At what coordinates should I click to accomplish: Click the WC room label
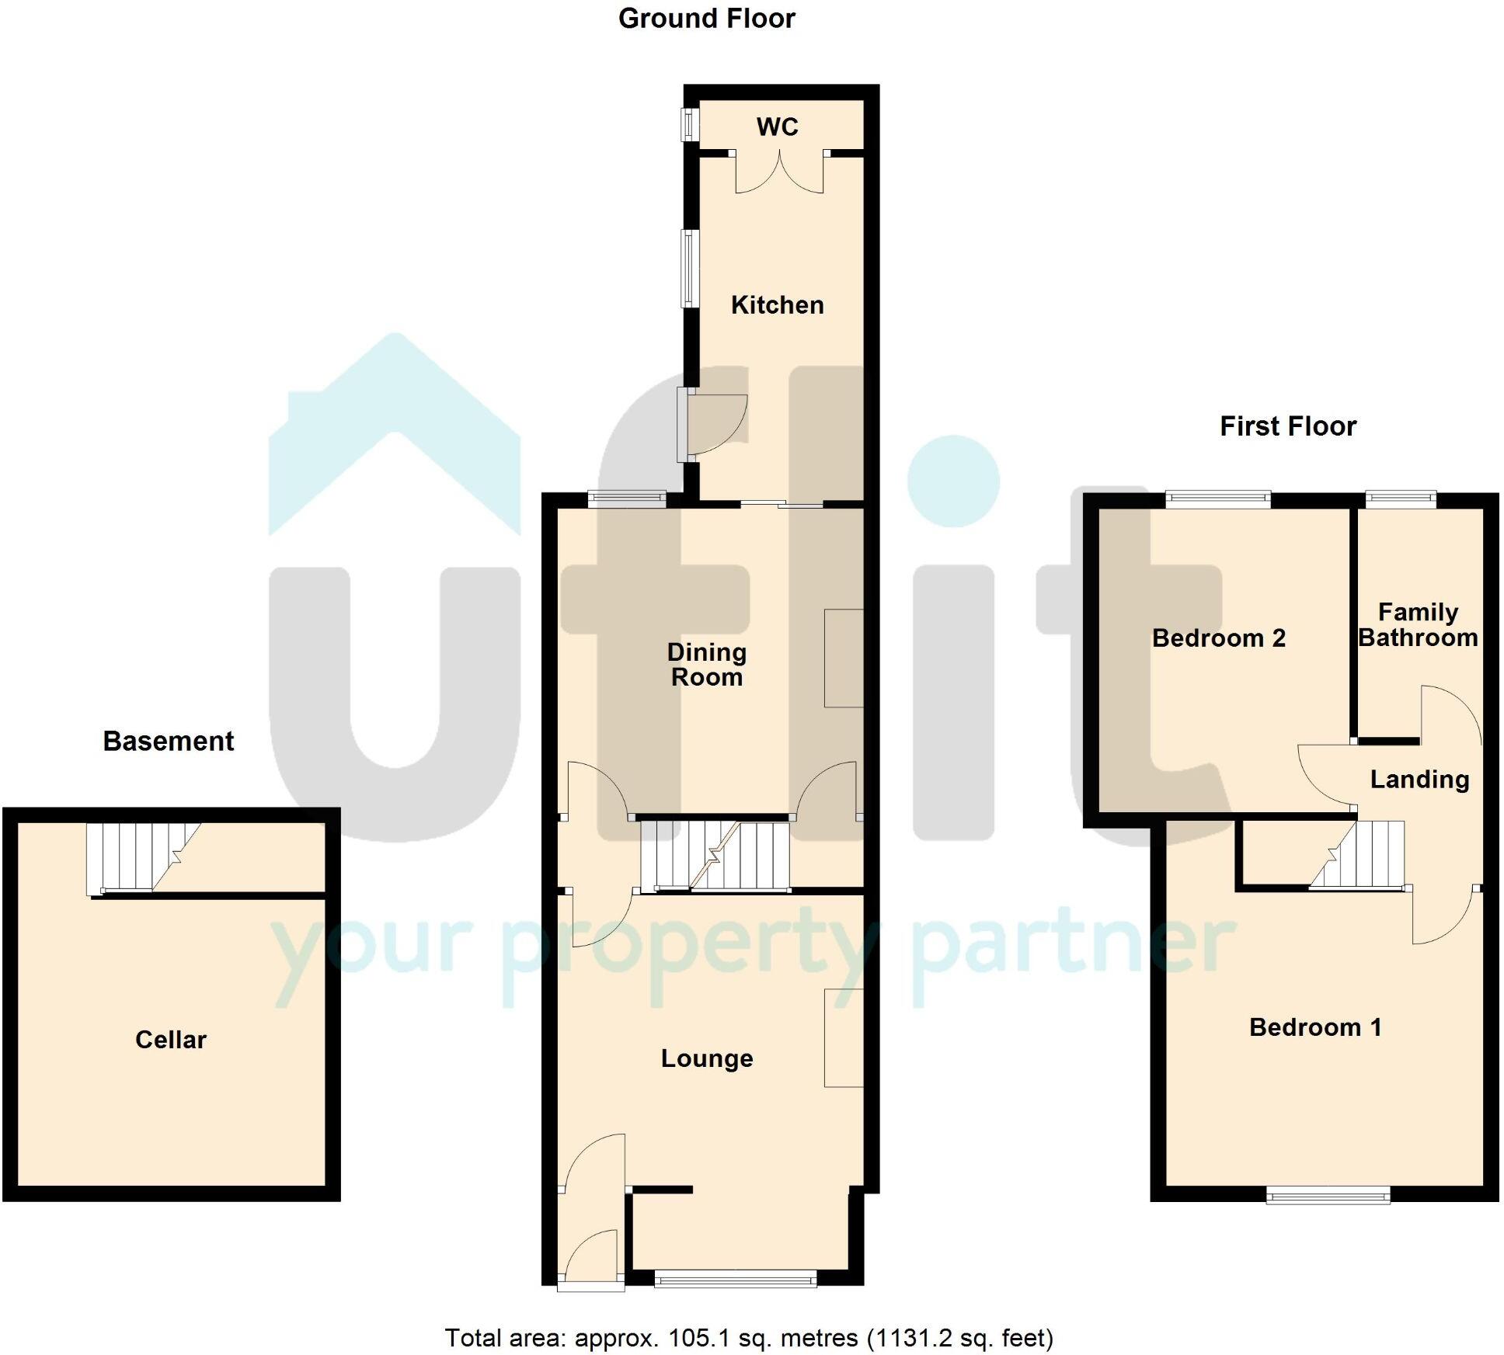777,127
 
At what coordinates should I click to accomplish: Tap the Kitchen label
777,305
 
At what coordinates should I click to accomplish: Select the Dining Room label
706,665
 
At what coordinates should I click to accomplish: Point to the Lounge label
707,1058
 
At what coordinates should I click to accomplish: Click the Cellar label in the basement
171,1040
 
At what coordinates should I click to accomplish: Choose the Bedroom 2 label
1218,638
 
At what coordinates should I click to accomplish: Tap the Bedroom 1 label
1315,1027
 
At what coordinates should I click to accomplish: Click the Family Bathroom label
1418,625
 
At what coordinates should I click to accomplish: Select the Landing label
1419,779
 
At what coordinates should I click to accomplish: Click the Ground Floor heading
706,19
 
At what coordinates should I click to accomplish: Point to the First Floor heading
1288,426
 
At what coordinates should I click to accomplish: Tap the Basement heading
168,742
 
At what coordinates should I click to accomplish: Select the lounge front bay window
735,1278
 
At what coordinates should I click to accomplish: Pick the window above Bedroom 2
1217,499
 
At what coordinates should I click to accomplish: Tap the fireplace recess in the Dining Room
844,658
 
